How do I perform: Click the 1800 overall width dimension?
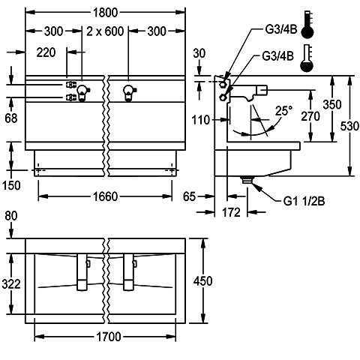tap(105, 13)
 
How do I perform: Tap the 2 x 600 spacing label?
tap(105, 31)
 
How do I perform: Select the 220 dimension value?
tap(46, 52)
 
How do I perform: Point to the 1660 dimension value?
tap(105, 196)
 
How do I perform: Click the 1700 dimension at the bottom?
tap(109, 337)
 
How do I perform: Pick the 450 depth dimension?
tap(203, 281)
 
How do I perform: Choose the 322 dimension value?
tap(11, 284)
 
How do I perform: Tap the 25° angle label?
tap(283, 111)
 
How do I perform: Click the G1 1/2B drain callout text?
tap(304, 201)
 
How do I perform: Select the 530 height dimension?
tap(349, 126)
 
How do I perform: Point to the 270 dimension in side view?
tap(310, 116)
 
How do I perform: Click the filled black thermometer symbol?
tap(307, 25)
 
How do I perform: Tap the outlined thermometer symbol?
tap(307, 58)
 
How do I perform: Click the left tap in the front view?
tap(82, 93)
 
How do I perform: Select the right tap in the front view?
tap(129, 93)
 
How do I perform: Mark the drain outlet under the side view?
tap(247, 180)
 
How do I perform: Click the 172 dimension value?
tap(231, 212)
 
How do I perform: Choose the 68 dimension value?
tap(11, 118)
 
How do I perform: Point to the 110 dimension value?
tap(201, 120)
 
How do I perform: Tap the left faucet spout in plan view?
tap(82, 272)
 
